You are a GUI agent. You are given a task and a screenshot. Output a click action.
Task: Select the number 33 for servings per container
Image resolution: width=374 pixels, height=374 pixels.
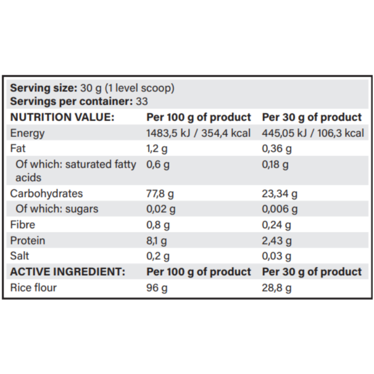[142, 102]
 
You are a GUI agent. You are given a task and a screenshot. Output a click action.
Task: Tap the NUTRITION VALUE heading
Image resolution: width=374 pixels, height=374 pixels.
[62, 117]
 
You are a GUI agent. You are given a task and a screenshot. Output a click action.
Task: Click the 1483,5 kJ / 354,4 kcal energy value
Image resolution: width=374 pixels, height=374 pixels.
[198, 133]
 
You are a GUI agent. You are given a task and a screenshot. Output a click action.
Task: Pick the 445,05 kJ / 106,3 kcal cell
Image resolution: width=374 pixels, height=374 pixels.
[313, 133]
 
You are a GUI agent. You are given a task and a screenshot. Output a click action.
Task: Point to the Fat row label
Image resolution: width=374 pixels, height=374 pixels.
[18, 149]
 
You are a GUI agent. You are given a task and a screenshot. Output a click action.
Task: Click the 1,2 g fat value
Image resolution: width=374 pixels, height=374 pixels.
[158, 149]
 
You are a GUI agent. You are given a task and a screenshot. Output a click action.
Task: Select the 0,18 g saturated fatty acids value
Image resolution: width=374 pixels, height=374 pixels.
[275, 164]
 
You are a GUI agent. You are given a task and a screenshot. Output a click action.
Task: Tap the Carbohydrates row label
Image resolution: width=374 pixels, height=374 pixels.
[46, 193]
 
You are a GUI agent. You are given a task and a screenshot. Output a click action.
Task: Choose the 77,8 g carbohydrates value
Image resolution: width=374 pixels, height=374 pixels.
[160, 193]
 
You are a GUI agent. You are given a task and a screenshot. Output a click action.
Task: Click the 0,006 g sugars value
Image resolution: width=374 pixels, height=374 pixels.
[280, 209]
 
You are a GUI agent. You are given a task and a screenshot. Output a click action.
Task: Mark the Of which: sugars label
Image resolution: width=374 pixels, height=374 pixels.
[57, 209]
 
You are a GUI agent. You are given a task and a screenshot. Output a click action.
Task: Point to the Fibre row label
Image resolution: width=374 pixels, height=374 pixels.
[22, 224]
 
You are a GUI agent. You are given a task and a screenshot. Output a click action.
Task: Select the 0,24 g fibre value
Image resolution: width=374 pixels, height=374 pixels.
[276, 224]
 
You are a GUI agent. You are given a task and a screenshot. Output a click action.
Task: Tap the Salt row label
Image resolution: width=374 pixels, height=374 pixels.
[19, 256]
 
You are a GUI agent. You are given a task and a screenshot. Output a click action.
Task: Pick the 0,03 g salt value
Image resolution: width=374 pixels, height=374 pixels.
[276, 256]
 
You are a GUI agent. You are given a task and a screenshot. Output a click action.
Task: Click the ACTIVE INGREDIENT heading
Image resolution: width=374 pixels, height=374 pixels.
[67, 271]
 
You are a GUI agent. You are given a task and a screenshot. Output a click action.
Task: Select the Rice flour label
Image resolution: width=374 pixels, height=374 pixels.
[33, 287]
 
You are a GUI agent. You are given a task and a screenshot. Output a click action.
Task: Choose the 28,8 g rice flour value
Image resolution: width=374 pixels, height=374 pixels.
[277, 287]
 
